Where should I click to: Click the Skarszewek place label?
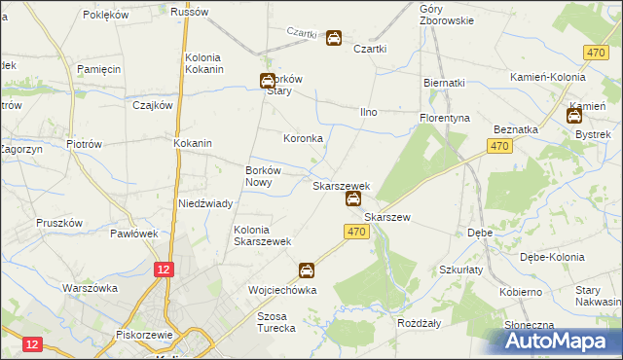tap(341, 185)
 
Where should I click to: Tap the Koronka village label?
tap(303, 139)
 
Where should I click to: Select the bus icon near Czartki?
tap(333, 39)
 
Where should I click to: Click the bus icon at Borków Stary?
tap(267, 83)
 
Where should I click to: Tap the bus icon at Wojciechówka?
tap(307, 270)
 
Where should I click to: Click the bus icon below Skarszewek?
tap(353, 200)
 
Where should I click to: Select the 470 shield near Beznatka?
tap(499, 146)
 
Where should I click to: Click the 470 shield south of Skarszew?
tap(355, 232)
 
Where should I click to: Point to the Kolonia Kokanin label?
tap(204, 63)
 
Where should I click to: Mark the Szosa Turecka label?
tap(275, 322)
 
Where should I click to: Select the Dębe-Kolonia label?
tap(552, 257)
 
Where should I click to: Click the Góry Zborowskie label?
tap(446, 14)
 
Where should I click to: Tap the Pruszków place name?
tap(55, 223)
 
